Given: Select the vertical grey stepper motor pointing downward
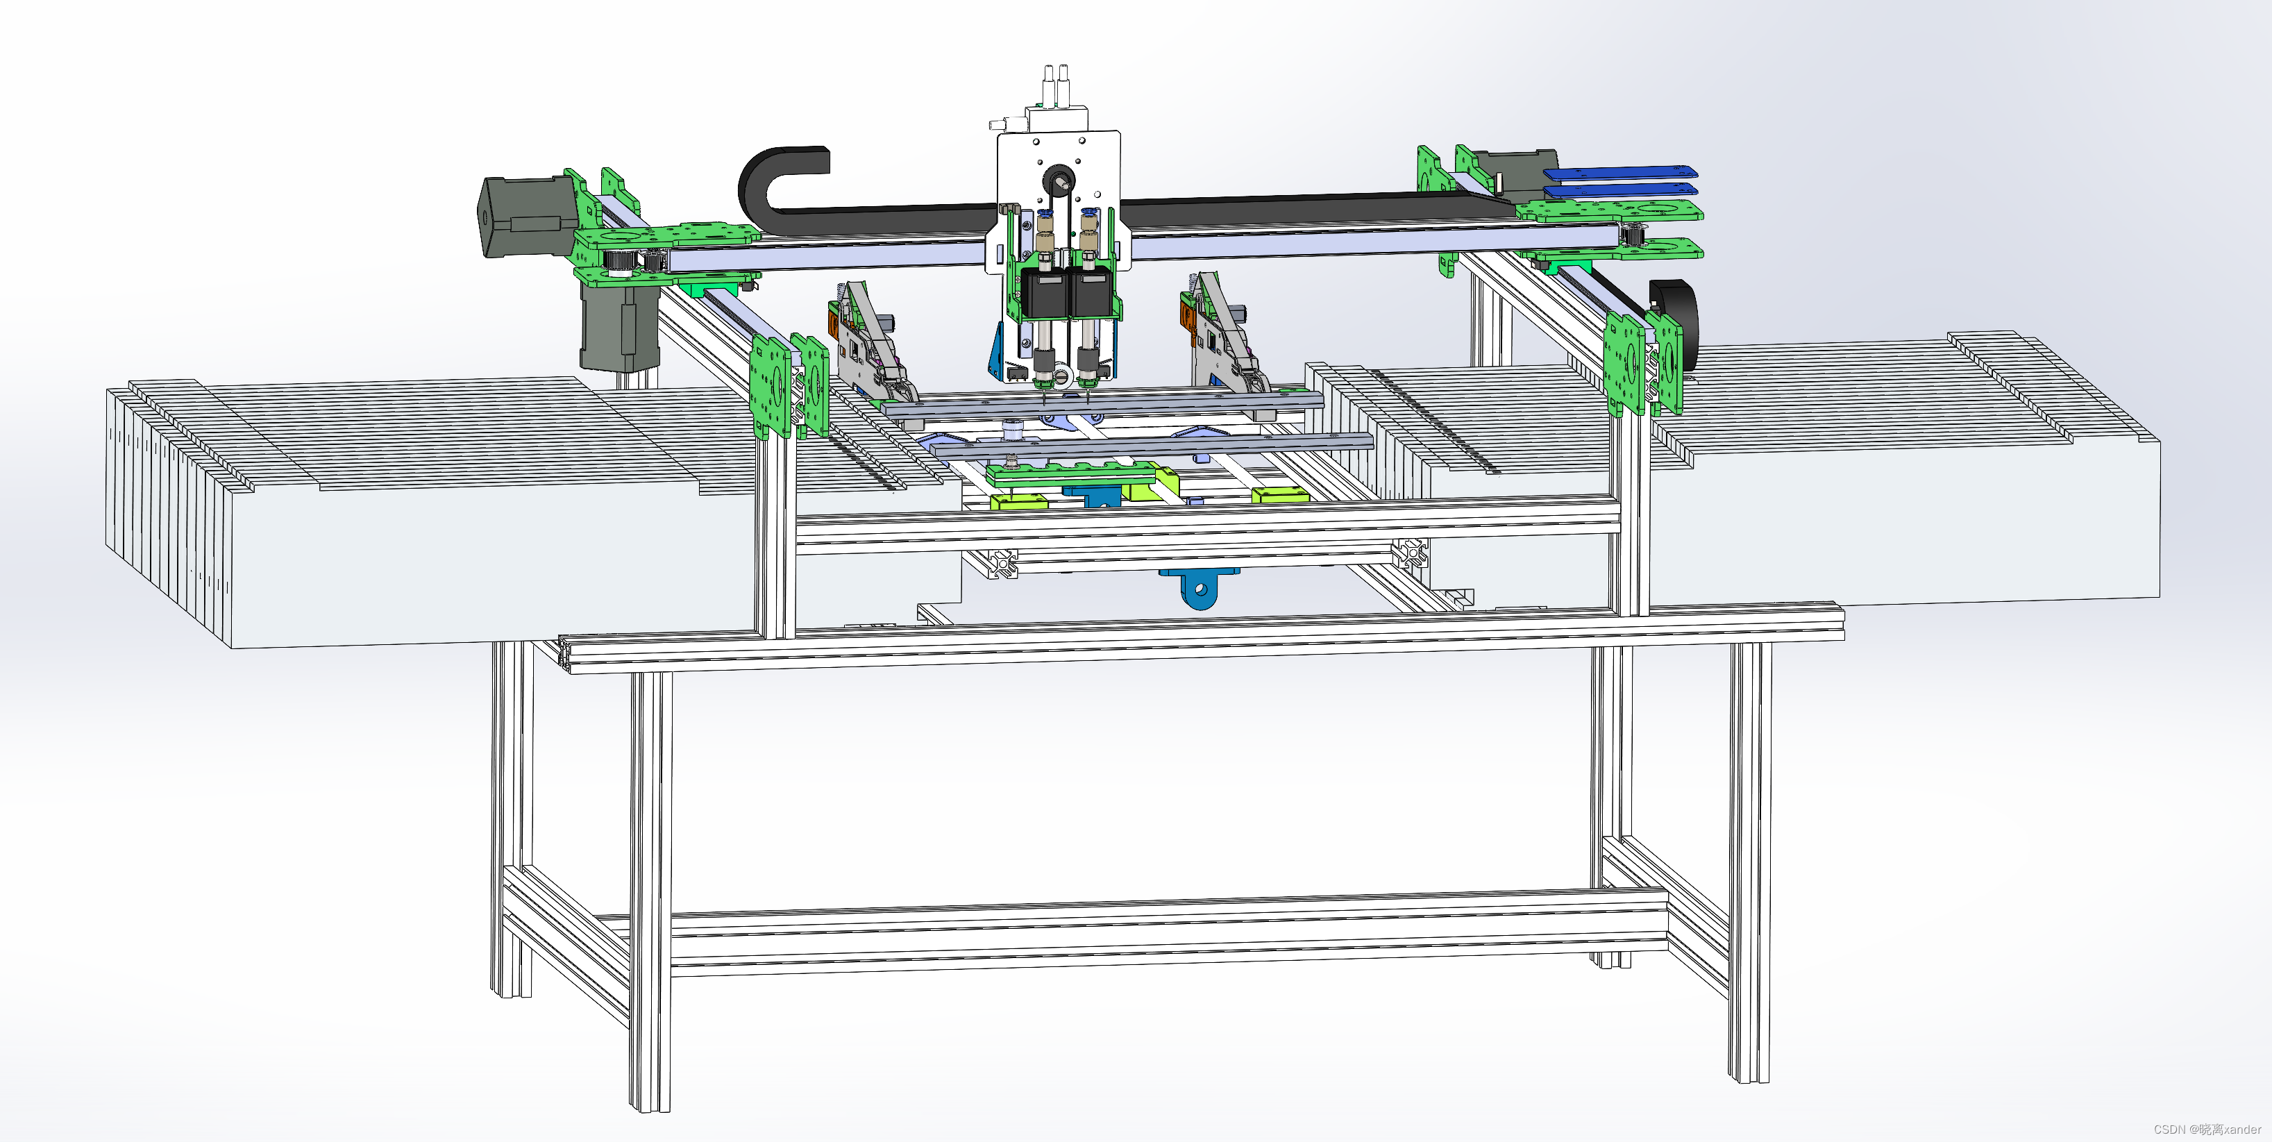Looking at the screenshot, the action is tap(619, 322).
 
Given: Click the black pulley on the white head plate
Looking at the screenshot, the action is tap(1057, 180).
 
